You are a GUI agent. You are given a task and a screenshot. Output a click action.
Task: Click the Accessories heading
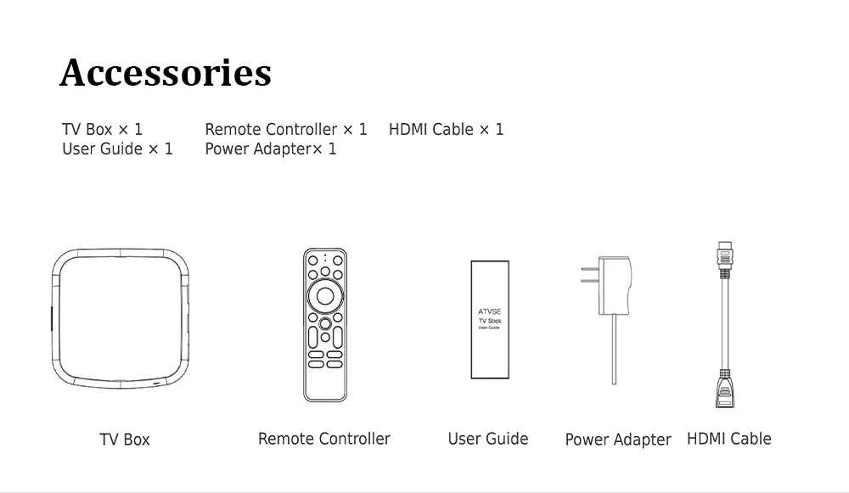coord(166,73)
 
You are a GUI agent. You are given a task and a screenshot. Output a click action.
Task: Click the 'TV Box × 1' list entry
coord(102,129)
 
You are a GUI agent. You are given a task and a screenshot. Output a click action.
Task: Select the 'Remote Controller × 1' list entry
coord(286,129)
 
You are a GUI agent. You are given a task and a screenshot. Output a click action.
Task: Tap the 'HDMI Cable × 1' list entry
coord(446,129)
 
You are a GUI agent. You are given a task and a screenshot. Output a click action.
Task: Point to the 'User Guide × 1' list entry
coord(117,148)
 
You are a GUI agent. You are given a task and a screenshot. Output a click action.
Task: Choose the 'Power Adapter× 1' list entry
coord(270,148)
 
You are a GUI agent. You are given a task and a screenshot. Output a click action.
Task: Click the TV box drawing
coord(120,317)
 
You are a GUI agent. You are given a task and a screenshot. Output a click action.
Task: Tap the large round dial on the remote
coord(325,296)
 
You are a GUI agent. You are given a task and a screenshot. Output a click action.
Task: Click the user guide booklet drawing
coord(490,319)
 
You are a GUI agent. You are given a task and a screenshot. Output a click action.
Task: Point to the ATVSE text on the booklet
coord(490,311)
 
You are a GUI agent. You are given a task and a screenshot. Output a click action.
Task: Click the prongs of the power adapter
coord(589,275)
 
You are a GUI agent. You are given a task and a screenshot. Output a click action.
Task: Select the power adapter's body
coord(615,285)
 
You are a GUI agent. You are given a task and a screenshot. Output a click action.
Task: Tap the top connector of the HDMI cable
coord(724,258)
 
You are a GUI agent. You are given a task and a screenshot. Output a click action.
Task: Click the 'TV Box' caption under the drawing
coord(124,440)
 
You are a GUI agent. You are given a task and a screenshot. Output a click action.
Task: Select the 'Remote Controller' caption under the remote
coord(323,439)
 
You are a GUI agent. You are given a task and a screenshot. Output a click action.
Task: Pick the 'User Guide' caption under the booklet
coord(487,439)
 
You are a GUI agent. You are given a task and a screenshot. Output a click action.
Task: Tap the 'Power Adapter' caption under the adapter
coord(617,440)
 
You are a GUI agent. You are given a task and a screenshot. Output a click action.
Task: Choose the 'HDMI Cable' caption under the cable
coord(728,439)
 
